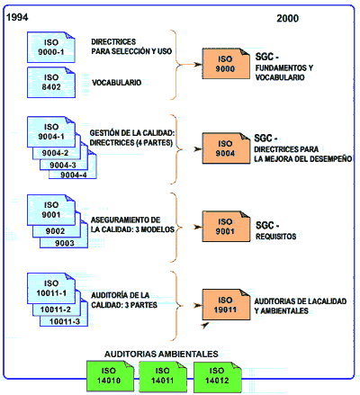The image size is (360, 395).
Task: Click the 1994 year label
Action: [x=17, y=17]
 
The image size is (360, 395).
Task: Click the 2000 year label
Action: [x=287, y=18]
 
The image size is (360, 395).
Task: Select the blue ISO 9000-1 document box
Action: [x=51, y=47]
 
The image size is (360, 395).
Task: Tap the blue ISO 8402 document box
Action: [x=51, y=82]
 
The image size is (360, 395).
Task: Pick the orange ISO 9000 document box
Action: [x=226, y=64]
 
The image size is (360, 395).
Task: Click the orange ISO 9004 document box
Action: [x=226, y=148]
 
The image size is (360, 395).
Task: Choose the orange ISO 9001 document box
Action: [x=226, y=227]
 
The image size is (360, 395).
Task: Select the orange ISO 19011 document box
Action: [x=226, y=305]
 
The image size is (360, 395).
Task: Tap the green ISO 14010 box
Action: [x=110, y=376]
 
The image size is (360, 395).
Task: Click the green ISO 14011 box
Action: [x=163, y=376]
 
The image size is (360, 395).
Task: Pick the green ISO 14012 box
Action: [x=217, y=376]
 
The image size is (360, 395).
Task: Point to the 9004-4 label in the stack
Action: [x=74, y=175]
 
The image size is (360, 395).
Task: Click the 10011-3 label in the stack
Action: [x=65, y=322]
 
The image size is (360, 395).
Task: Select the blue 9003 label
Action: [x=65, y=243]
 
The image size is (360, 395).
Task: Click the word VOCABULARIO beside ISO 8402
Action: [x=116, y=83]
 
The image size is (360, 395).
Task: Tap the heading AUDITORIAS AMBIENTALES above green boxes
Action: [x=161, y=355]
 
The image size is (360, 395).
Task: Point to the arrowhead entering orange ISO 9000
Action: [x=198, y=64]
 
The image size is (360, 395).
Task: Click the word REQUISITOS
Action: [x=275, y=237]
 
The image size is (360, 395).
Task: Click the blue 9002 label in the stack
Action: [x=55, y=231]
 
